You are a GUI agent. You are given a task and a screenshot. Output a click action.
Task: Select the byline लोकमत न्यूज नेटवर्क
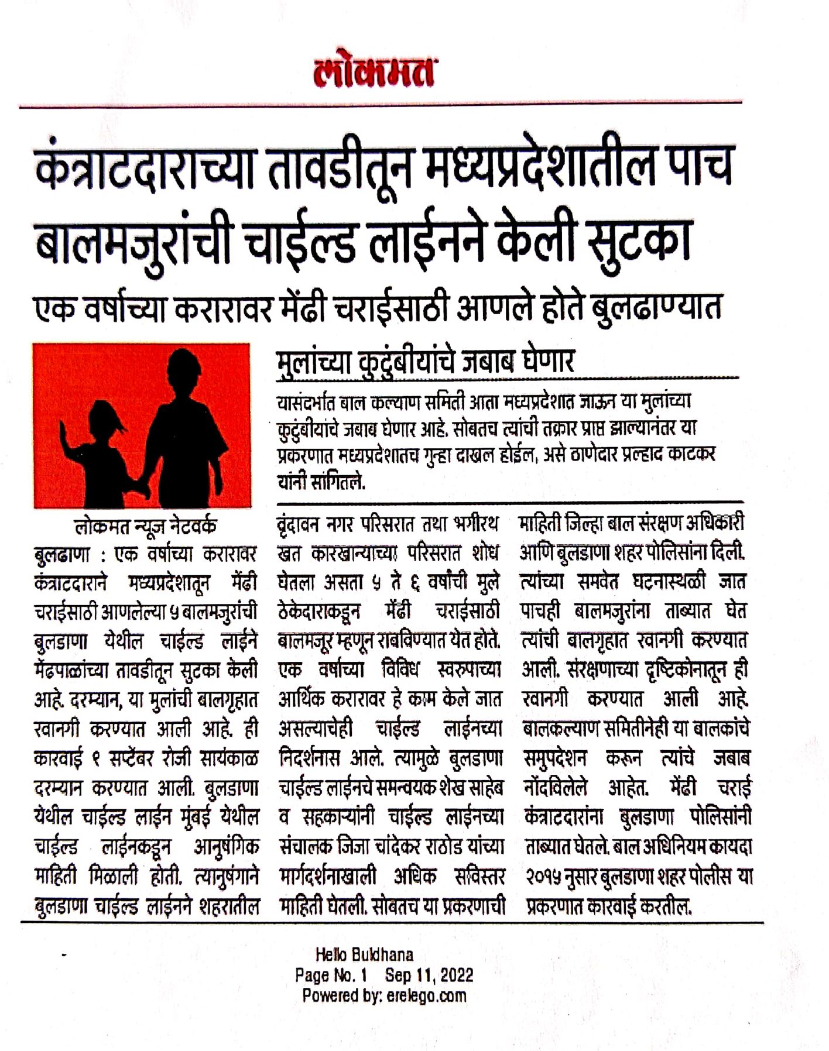(146, 526)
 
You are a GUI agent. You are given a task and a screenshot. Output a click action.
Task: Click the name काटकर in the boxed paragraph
(691, 454)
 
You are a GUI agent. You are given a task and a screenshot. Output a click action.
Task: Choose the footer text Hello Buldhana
(364, 955)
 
